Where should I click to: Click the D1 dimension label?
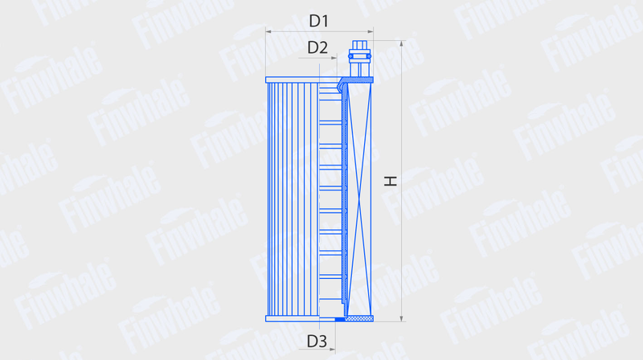click(318, 21)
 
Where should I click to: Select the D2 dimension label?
click(317, 48)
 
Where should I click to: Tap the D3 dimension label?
click(317, 342)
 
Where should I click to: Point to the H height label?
click(391, 181)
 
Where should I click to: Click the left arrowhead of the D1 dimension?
click(268, 31)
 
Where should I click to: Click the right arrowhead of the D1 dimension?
click(371, 31)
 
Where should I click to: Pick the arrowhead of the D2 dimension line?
click(334, 58)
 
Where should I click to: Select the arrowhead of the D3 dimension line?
click(332, 350)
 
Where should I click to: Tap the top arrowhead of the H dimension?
click(401, 43)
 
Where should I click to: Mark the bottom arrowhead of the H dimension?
click(401, 318)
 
